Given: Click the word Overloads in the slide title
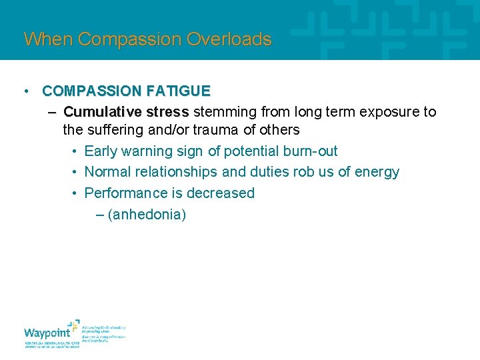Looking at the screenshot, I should click(229, 39).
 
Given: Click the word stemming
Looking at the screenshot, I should click(223, 111).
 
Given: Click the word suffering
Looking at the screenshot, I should click(116, 129).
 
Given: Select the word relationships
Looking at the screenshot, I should click(176, 172).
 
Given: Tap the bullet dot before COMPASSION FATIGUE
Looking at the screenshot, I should click(25, 91).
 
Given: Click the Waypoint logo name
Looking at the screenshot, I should click(46, 333).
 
